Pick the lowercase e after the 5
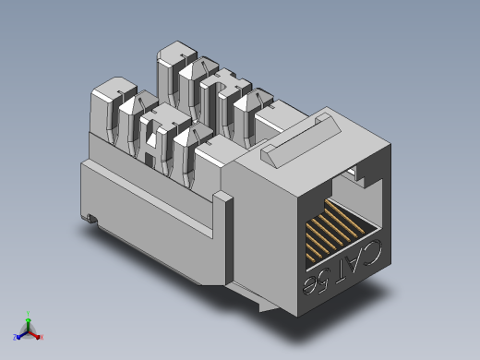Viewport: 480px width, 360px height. [309, 285]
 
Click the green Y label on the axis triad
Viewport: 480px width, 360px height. [28, 314]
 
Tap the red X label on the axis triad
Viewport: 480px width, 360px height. [42, 337]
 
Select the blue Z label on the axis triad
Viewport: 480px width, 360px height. [15, 337]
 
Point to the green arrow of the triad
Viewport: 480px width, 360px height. [28, 325]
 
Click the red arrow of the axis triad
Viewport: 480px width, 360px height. [34, 335]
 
